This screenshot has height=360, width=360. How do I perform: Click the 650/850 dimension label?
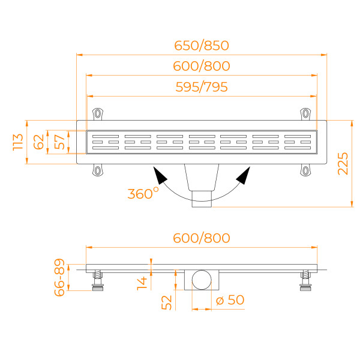click(x=202, y=46)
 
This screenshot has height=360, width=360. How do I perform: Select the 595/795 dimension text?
click(x=202, y=87)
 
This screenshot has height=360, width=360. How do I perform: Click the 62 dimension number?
click(x=38, y=142)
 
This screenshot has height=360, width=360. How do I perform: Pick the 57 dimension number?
click(x=59, y=142)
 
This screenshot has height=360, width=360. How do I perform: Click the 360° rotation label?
click(x=143, y=193)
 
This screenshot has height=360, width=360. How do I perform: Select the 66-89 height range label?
click(x=59, y=278)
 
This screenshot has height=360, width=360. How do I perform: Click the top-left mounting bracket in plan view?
click(x=97, y=113)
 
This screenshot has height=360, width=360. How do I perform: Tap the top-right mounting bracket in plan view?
click(x=307, y=113)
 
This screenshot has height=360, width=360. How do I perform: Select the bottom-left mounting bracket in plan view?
click(x=97, y=171)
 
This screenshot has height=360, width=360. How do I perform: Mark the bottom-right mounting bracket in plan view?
click(x=307, y=171)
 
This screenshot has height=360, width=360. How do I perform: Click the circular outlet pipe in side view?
click(x=202, y=280)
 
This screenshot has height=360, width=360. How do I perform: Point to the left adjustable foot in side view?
click(x=98, y=281)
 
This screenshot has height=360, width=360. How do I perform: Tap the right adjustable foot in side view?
click(x=307, y=281)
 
